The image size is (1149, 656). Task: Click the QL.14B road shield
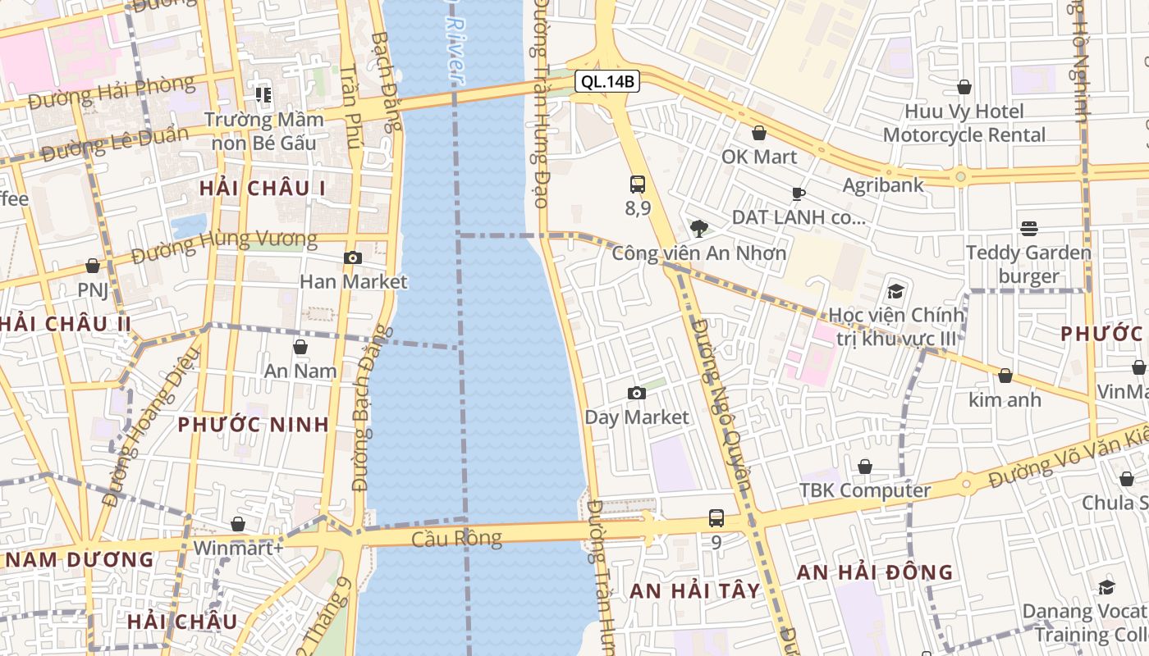coord(607,81)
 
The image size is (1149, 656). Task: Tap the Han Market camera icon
coord(353,258)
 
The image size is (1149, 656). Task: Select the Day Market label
coord(637,417)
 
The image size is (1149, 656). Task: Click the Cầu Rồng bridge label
coord(456,539)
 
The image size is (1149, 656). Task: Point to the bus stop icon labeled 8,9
coord(638,184)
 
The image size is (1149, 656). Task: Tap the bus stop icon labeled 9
coord(716,518)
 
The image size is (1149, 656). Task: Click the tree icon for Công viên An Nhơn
coord(699,228)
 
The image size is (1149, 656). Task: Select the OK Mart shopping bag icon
coord(759,133)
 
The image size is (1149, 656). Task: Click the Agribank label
coord(883,185)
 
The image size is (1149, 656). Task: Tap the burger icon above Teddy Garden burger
coord(1029,228)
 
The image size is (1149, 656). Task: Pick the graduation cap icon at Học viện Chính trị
coord(895,291)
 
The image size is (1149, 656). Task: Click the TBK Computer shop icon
coord(865,467)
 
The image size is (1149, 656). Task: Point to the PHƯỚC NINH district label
coord(254,425)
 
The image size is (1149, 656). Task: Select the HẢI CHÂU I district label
coord(263,189)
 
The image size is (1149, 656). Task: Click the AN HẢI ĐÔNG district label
coord(875,572)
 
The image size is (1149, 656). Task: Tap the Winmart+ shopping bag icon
coord(238,524)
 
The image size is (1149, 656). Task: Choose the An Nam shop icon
coord(300,348)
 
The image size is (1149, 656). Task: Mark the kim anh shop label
coord(1005,400)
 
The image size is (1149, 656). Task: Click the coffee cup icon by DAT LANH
coord(798,194)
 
